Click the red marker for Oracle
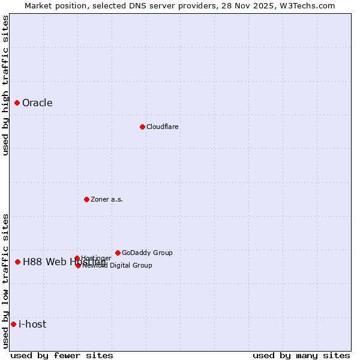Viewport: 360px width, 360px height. [x=17, y=103]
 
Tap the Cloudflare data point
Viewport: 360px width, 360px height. [x=142, y=127]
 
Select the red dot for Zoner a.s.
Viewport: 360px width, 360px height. [x=86, y=199]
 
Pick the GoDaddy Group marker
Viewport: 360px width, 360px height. [x=118, y=253]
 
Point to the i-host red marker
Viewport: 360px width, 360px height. [x=13, y=324]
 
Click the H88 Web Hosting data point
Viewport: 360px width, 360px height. [x=17, y=262]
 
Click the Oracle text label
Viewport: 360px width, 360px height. [x=37, y=103]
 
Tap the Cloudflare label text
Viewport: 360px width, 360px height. [x=163, y=127]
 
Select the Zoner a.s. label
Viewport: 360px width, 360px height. [x=107, y=199]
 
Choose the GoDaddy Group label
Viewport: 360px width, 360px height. [x=147, y=253]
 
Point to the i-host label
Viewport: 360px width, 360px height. [x=32, y=324]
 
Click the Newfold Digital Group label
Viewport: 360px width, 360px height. [x=118, y=265]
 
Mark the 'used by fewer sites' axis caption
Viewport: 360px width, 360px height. [x=62, y=355]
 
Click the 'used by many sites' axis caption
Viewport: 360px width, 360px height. [x=301, y=355]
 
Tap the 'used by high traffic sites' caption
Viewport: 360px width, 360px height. [x=5, y=85]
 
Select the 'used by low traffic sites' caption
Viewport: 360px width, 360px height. [x=5, y=281]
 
